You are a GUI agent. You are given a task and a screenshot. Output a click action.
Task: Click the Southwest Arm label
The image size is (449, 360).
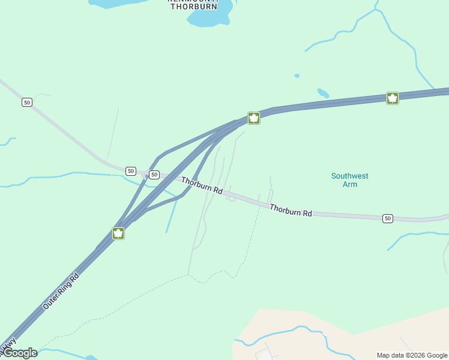(x=349, y=180)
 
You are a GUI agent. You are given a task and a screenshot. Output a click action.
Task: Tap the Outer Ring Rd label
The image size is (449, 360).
(x=61, y=292)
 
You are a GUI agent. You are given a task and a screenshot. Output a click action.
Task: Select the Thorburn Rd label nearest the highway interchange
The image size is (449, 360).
(x=202, y=185)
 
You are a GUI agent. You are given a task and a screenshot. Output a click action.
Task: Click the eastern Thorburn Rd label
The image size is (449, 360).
(x=291, y=210)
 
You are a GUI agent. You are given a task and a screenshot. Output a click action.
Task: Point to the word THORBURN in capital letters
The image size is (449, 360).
(x=193, y=7)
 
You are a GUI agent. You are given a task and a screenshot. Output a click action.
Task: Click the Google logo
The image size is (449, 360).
(x=19, y=353)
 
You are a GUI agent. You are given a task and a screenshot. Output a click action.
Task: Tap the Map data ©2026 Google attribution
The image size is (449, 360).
(x=412, y=355)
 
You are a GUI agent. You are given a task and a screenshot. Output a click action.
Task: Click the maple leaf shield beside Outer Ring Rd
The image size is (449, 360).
(x=118, y=233)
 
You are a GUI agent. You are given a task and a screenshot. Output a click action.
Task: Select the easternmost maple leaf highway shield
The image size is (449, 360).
(x=393, y=98)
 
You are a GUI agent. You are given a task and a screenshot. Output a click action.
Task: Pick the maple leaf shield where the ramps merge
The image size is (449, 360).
(x=254, y=118)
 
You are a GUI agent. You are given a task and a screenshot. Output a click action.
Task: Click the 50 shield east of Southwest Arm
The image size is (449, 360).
(x=388, y=218)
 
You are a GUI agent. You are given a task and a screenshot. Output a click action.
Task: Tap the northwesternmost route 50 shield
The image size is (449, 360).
(x=26, y=103)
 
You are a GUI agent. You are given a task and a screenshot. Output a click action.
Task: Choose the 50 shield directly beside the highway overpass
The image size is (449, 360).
(x=154, y=175)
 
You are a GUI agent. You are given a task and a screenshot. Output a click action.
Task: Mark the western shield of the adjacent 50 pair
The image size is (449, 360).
(x=131, y=171)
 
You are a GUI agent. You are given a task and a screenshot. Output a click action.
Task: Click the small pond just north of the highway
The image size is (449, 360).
(x=323, y=93)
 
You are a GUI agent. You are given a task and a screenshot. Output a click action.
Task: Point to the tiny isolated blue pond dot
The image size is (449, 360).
(x=297, y=76)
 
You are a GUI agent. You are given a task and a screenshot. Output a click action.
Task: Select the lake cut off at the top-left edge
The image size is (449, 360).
(x=114, y=3)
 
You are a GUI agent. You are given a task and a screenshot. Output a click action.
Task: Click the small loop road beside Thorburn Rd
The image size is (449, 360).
(x=232, y=197)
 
